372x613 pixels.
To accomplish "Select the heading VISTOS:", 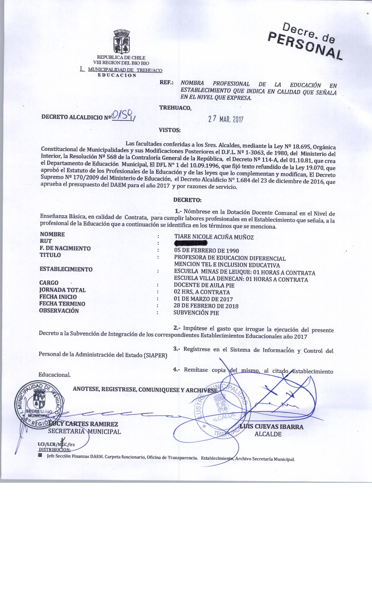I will click(x=170, y=130).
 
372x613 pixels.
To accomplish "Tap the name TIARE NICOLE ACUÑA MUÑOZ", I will click(x=214, y=237).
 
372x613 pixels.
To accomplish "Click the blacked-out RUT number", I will click(x=191, y=243).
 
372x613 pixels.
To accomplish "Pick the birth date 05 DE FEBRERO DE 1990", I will click(x=206, y=251).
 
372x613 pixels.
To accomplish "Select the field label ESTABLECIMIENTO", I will click(x=66, y=269).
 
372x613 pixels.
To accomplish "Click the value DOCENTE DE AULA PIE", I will click(x=204, y=285).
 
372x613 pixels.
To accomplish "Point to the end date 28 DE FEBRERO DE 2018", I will click(x=206, y=306).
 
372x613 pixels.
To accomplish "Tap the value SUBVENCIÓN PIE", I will click(x=196, y=313).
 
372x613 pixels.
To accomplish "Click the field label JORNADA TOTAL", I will click(x=62, y=290).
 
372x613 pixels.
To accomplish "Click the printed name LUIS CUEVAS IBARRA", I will click(x=271, y=427).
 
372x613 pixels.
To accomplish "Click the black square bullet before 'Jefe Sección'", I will click(x=40, y=455).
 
